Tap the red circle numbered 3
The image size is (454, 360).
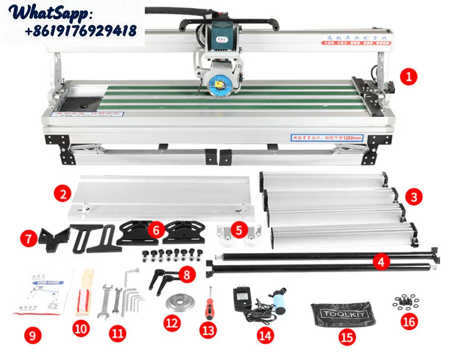pyautogui.click(x=414, y=197)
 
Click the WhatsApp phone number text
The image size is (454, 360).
pyautogui.click(x=80, y=31)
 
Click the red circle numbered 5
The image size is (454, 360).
pyautogui.click(x=239, y=230)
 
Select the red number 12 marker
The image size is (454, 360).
pyautogui.click(x=172, y=323)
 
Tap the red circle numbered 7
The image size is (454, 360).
pyautogui.click(x=29, y=239)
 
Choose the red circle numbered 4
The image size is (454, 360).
pyautogui.click(x=381, y=262)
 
